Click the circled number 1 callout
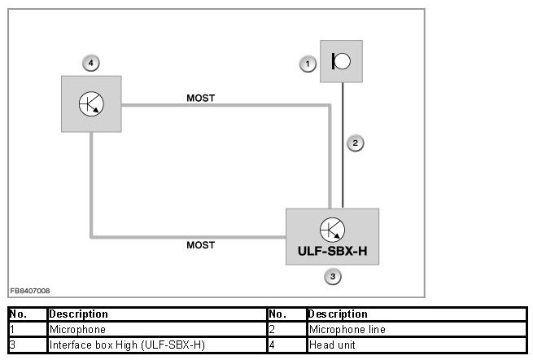[x=307, y=63]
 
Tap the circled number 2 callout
[x=354, y=143]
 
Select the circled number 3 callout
[x=332, y=277]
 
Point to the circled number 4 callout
[x=91, y=62]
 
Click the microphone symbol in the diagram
[x=342, y=61]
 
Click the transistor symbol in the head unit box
[x=91, y=103]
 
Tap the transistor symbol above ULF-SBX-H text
[x=332, y=230]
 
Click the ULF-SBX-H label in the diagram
[x=332, y=251]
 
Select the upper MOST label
[x=201, y=99]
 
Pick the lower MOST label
[x=201, y=244]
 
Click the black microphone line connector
[x=343, y=144]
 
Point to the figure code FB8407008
[x=30, y=290]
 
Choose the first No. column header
[x=18, y=314]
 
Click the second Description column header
[x=338, y=314]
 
